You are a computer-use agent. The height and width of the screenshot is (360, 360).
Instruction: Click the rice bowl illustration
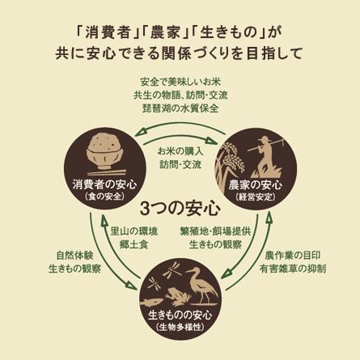pos(105,152)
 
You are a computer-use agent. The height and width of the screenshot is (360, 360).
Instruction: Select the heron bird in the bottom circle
pos(202,286)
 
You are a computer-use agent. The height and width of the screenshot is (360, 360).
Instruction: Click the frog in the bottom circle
pos(178,296)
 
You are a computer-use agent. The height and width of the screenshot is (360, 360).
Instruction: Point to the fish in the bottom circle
pos(152,302)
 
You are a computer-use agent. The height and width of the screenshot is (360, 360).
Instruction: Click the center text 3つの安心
pos(180,208)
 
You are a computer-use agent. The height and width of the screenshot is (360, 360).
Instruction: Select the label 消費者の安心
pos(104,185)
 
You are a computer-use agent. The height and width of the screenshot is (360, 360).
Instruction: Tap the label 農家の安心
pos(255,185)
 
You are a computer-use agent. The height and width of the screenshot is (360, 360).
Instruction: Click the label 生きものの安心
pos(180,315)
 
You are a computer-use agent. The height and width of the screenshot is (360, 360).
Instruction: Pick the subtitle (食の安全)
pos(104,197)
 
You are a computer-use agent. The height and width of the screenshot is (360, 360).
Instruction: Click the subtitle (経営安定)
pos(256,197)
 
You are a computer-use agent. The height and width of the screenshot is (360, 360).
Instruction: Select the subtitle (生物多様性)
pos(180,327)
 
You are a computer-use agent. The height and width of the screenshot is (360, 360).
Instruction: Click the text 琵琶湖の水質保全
pos(180,108)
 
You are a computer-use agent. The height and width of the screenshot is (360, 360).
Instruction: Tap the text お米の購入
pos(180,151)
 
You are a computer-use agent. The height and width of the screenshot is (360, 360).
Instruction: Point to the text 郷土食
pos(133,244)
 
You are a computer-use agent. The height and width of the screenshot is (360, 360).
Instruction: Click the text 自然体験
pos(74,256)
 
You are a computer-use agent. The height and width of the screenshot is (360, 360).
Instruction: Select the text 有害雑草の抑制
pos(293,269)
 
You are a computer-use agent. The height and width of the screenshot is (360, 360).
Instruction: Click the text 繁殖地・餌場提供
pos(215,231)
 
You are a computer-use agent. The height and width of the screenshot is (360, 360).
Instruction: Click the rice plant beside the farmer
pos(230,167)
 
